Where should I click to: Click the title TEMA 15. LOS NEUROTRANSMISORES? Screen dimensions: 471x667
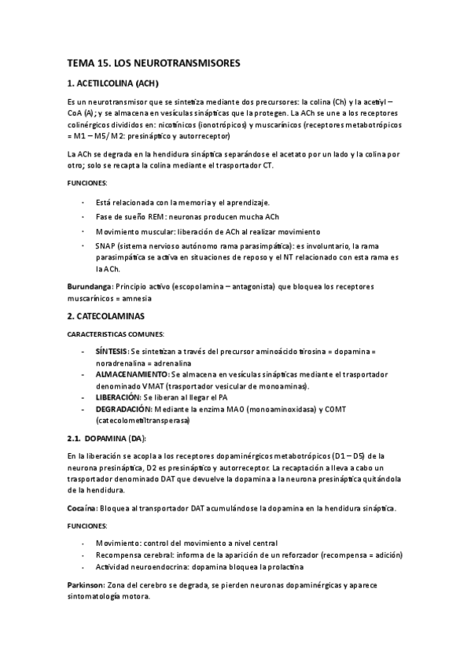(153, 61)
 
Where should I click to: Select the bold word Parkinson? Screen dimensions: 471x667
(86, 586)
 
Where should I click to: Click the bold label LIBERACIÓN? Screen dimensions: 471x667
(117, 398)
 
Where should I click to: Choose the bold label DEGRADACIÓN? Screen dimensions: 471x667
(123, 410)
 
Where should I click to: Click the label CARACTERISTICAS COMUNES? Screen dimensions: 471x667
(116, 333)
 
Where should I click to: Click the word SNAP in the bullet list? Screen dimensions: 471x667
(106, 245)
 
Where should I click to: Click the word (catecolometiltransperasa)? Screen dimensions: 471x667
(144, 421)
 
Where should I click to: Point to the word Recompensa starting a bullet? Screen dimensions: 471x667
(121, 555)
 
